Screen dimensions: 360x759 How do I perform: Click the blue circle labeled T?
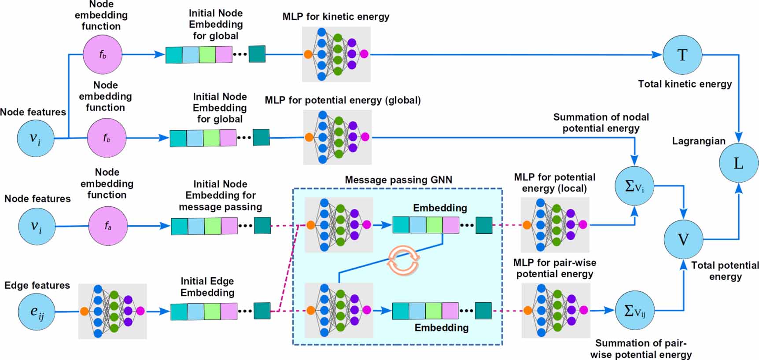tap(682, 55)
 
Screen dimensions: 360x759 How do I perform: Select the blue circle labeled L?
tap(738, 163)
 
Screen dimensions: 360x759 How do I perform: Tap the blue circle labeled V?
tap(683, 239)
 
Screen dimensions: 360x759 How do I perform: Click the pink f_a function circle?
tap(108, 226)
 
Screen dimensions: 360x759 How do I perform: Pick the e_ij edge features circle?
tap(37, 312)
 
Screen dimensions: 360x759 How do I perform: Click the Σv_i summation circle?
tap(634, 186)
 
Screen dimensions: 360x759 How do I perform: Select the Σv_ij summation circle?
tap(634, 311)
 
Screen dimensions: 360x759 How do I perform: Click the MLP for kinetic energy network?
tap(336, 54)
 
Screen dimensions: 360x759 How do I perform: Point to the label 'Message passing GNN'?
tap(398, 180)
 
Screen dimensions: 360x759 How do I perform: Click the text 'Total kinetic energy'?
tap(685, 84)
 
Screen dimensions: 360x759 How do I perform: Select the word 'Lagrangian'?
tap(698, 141)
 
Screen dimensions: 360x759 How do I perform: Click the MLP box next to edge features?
tap(112, 311)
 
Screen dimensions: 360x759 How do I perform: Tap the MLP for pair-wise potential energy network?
tap(556, 310)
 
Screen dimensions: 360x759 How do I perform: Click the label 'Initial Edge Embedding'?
tap(207, 287)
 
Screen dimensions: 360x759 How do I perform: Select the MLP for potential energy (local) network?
tap(555, 225)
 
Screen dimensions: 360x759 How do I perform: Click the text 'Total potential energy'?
tap(725, 271)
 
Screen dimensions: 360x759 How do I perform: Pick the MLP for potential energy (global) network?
tap(337, 137)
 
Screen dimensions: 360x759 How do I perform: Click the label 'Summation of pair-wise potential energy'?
tap(641, 349)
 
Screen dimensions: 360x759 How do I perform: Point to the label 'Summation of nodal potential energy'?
tap(601, 123)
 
